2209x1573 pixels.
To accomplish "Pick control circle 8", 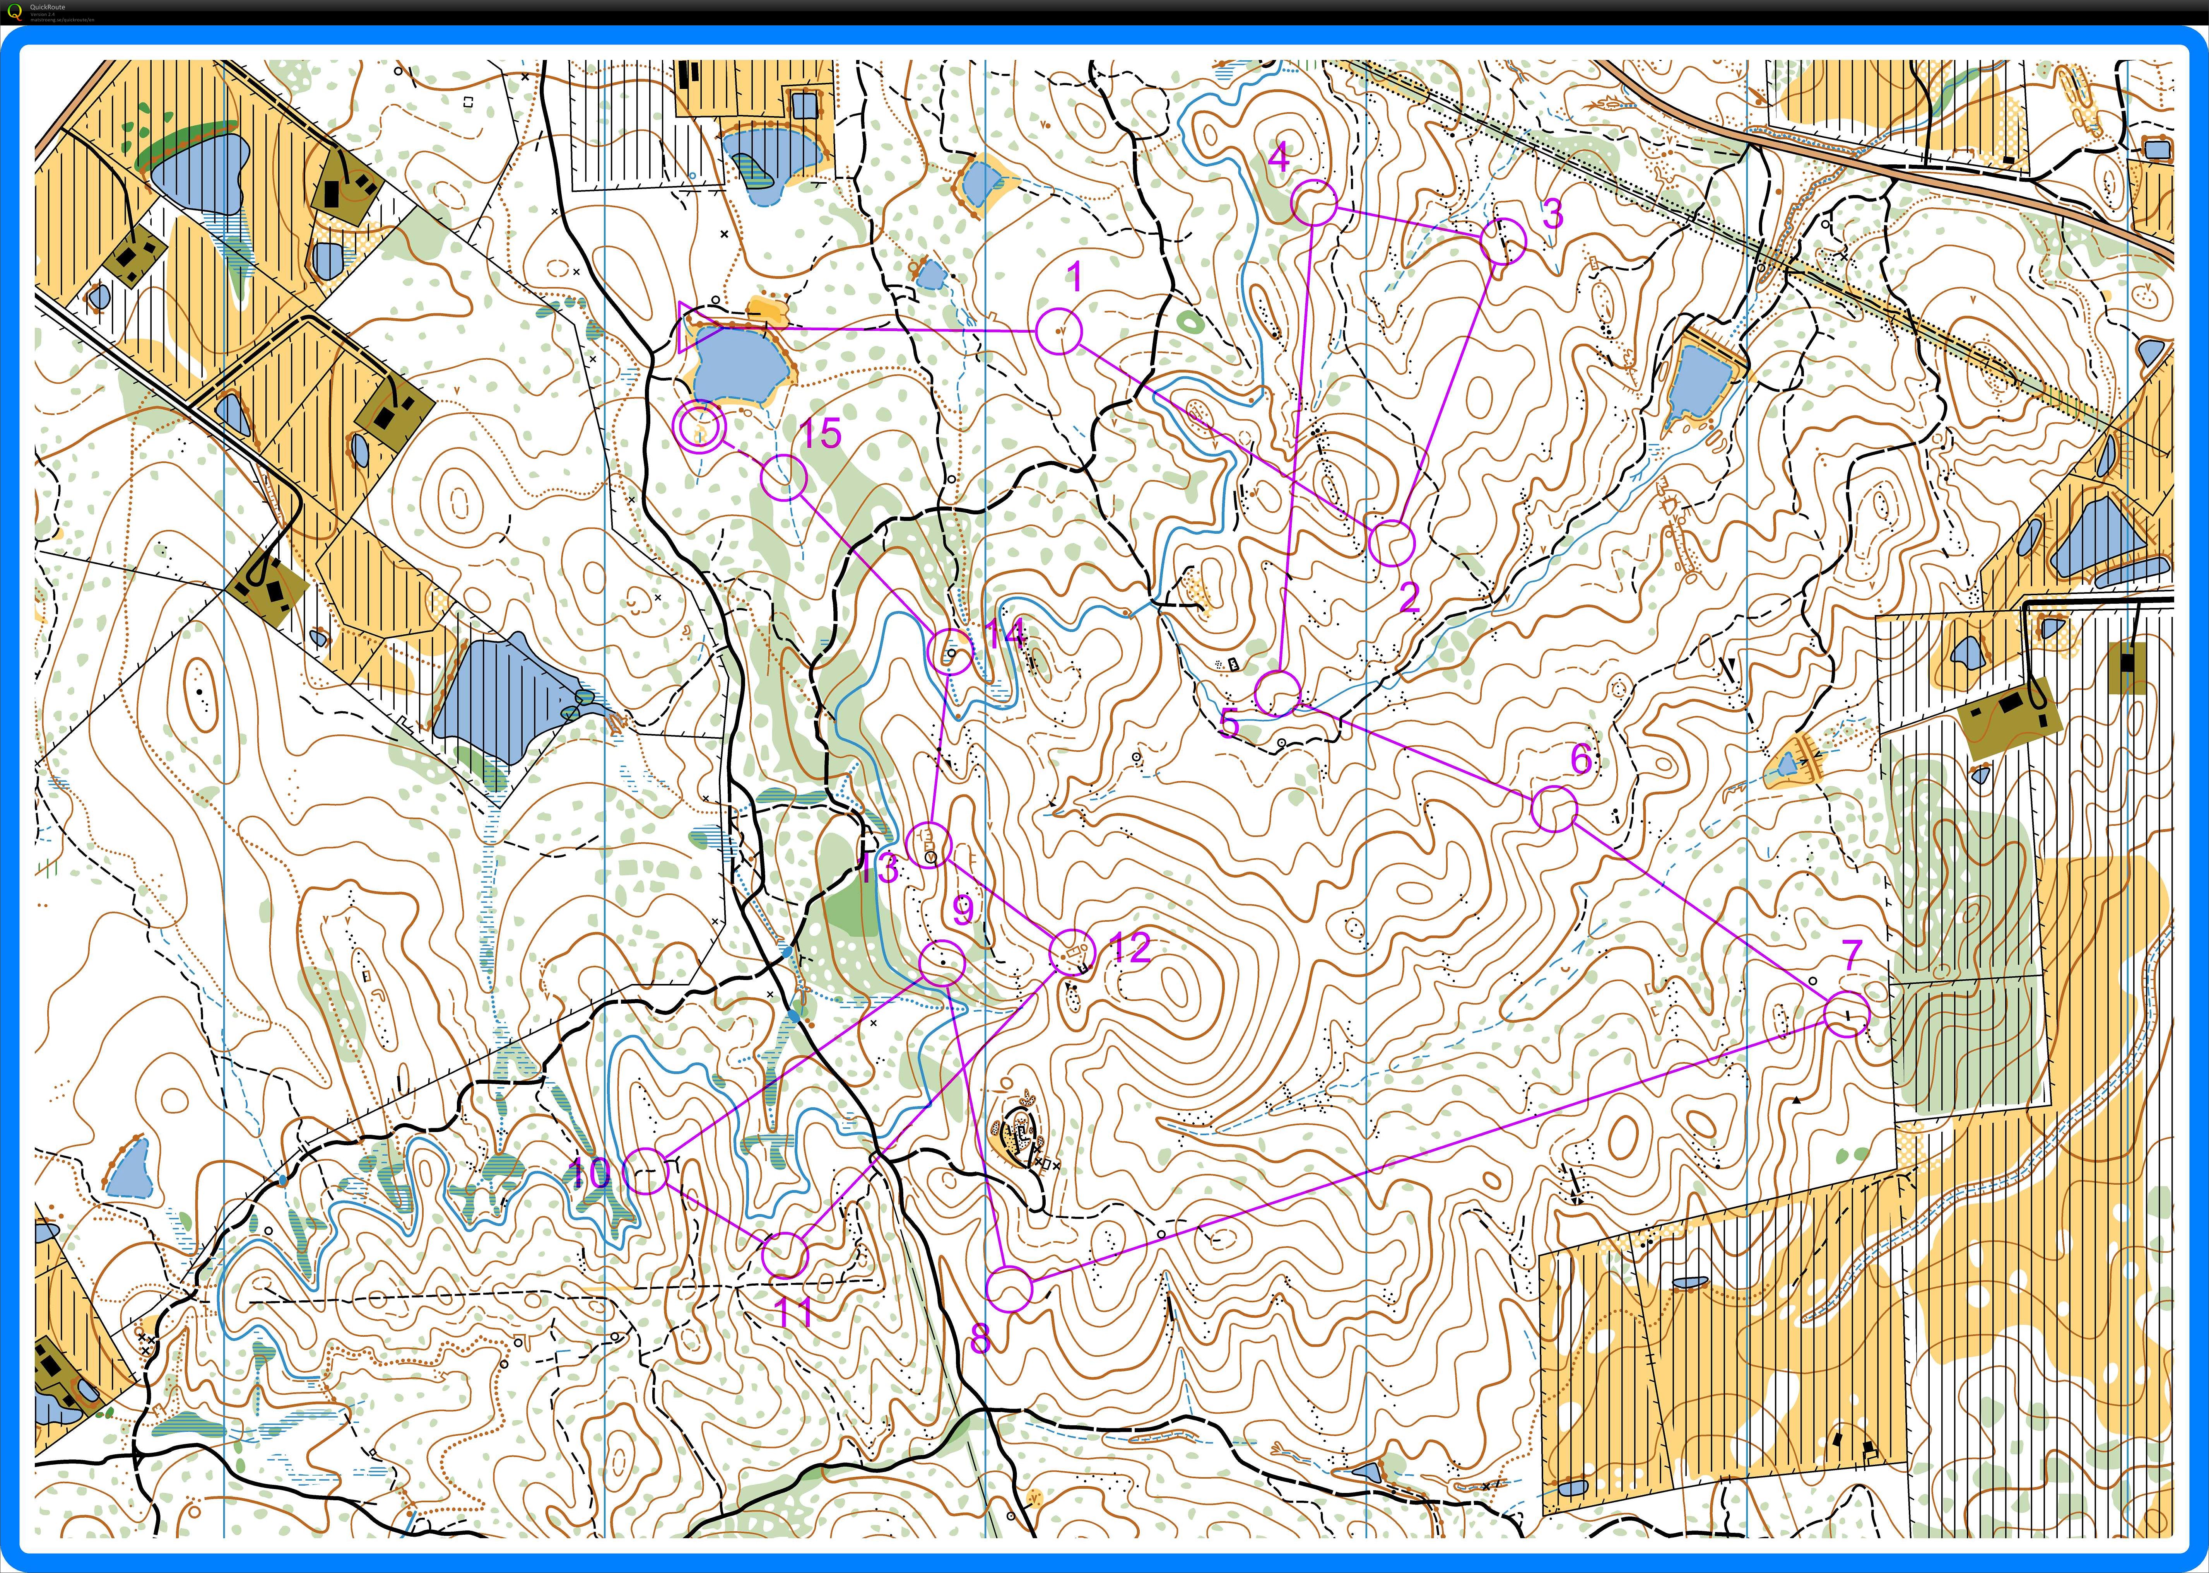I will (x=1010, y=1289).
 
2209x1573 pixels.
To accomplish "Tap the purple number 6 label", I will (x=1580, y=758).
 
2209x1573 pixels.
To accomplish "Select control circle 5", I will (x=1277, y=693).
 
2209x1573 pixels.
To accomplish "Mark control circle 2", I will (x=1391, y=542).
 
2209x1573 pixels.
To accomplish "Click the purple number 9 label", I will (x=962, y=910).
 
